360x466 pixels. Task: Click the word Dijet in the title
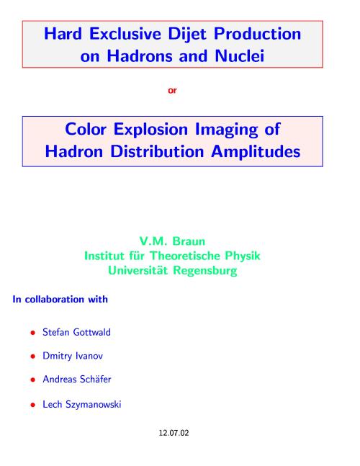click(187, 34)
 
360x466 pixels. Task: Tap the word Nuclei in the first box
click(240, 56)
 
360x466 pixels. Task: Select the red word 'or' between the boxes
click(172, 90)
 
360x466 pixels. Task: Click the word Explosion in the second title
click(150, 130)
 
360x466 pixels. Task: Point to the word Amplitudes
click(256, 151)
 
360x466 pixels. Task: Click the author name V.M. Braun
click(172, 241)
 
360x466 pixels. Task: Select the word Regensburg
click(205, 271)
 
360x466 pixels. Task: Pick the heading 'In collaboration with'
click(60, 299)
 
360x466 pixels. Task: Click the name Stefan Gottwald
click(76, 332)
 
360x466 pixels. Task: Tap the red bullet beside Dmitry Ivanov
click(33, 357)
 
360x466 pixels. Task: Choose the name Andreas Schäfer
click(77, 379)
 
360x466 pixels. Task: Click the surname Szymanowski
click(94, 405)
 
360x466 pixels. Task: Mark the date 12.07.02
click(174, 433)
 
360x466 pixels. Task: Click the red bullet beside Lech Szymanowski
click(33, 405)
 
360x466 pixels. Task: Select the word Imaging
click(226, 130)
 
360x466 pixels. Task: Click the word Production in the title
click(257, 34)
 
